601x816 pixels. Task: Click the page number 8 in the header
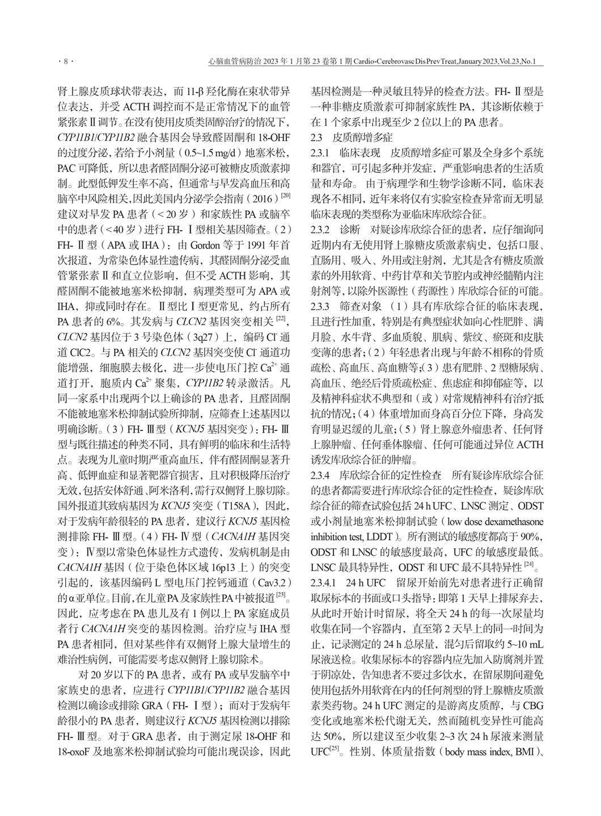tap(66, 61)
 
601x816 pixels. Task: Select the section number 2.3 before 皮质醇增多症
tap(316, 137)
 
